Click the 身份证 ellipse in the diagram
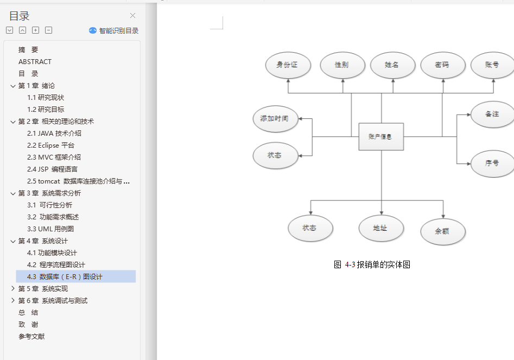(x=288, y=65)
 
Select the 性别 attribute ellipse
(x=342, y=65)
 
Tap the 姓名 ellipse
(x=392, y=65)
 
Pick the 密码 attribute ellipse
(x=442, y=65)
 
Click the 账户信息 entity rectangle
(x=381, y=137)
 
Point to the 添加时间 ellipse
(x=275, y=119)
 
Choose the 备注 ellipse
(x=492, y=115)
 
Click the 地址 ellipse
(x=380, y=229)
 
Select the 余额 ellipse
(x=442, y=231)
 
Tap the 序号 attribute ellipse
(x=492, y=163)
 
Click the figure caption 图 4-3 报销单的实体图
(x=372, y=265)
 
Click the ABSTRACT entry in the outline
(x=35, y=62)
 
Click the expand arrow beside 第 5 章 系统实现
(x=13, y=289)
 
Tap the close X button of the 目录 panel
(x=132, y=16)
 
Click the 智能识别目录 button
(x=114, y=31)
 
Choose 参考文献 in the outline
(x=31, y=337)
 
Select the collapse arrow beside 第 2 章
(x=13, y=122)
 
